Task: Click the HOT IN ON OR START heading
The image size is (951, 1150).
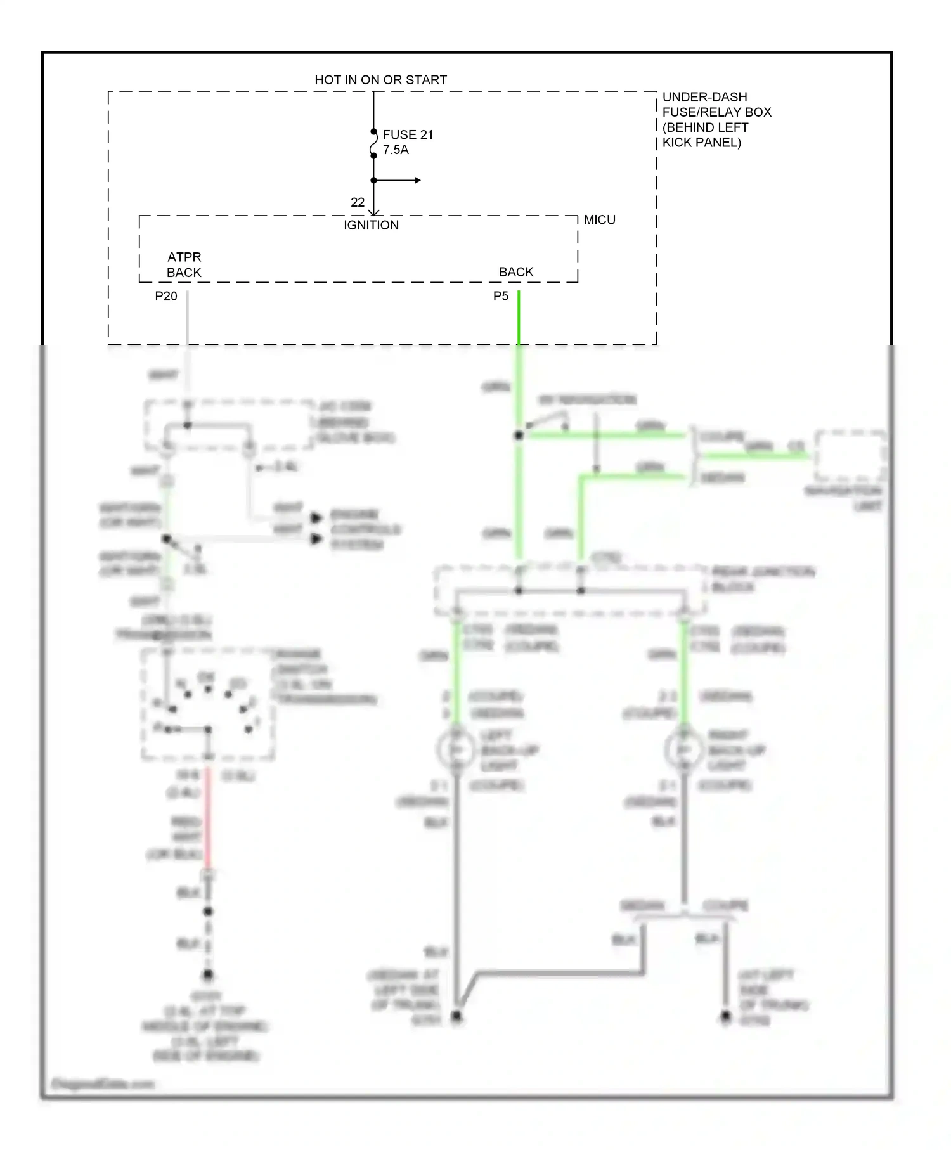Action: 380,80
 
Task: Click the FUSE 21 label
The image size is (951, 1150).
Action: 408,134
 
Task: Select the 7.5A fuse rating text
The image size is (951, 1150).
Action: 396,150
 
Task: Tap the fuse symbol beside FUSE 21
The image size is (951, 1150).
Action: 373,144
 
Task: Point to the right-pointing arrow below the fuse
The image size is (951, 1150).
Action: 417,180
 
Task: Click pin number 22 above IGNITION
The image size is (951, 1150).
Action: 358,202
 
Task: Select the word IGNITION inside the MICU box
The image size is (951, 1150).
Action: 371,225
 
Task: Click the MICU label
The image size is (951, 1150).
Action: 599,220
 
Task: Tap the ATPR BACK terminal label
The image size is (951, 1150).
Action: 184,265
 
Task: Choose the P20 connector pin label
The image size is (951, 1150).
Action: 166,296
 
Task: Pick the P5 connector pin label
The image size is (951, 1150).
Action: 501,296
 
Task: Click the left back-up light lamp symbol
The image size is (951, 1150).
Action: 456,750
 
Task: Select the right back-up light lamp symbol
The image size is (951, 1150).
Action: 683,750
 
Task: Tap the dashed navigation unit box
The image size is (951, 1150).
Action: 850,456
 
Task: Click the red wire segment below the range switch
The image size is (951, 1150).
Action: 207,824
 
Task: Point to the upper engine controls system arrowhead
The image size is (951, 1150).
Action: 316,518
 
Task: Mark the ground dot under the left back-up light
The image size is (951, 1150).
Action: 456,1017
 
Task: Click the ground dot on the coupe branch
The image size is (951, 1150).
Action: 726,1017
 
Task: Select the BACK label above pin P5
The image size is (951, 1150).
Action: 516,272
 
